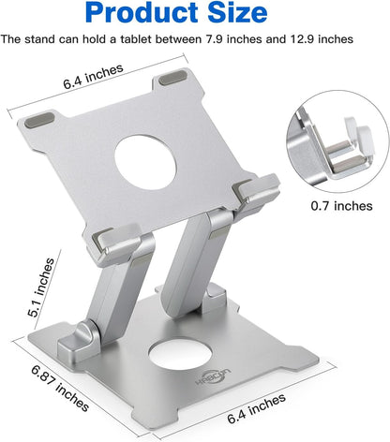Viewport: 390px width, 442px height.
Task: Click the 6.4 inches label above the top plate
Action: (x=93, y=82)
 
